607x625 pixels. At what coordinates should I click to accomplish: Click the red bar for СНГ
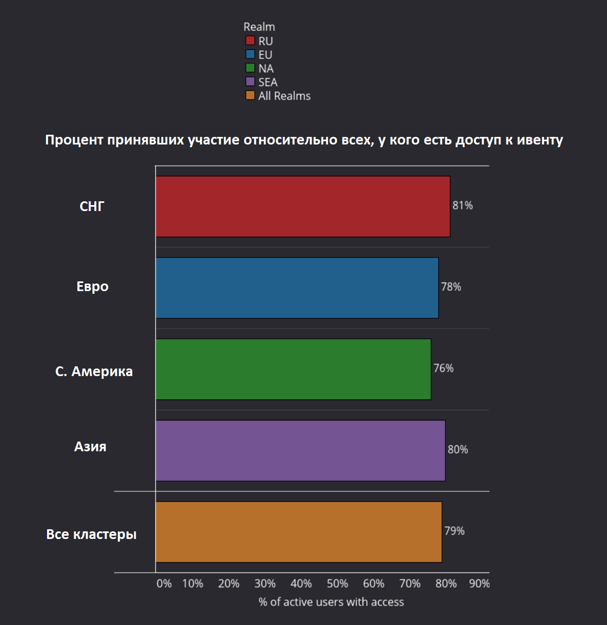click(x=302, y=206)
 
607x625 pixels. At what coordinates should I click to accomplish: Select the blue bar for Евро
click(x=296, y=287)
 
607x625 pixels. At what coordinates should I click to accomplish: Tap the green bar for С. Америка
click(x=293, y=369)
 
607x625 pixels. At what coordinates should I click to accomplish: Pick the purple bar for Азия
click(x=300, y=450)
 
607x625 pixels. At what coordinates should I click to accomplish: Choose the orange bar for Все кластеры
click(x=298, y=531)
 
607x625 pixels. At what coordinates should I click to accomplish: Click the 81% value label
click(x=463, y=206)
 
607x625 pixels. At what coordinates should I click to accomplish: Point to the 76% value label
click(x=443, y=369)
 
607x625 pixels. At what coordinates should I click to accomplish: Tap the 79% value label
click(x=454, y=531)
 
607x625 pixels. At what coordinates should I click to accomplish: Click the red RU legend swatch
click(x=250, y=41)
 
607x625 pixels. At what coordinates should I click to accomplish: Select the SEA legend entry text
click(x=268, y=82)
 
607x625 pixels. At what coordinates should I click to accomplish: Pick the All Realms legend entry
click(x=284, y=96)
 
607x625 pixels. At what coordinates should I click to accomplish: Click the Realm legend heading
click(x=259, y=27)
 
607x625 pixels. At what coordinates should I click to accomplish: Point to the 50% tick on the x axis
click(x=337, y=583)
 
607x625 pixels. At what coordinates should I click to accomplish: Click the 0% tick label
click(x=164, y=583)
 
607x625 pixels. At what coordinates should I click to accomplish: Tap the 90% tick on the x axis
click(x=479, y=583)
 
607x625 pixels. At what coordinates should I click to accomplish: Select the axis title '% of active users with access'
click(x=331, y=602)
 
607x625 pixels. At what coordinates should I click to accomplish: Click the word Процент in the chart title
click(x=74, y=140)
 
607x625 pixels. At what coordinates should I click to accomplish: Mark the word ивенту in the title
click(x=539, y=140)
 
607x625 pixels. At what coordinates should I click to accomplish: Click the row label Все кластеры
click(x=91, y=535)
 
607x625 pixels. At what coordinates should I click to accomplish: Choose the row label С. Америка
click(x=94, y=372)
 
